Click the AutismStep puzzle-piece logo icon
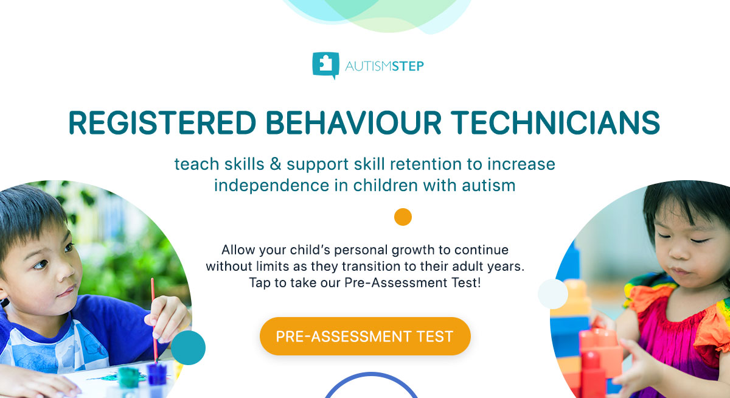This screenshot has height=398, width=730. click(325, 65)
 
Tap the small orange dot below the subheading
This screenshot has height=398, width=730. click(403, 217)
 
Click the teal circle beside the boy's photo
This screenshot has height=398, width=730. click(188, 347)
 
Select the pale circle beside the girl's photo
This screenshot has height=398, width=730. click(552, 294)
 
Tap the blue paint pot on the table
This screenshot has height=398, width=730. click(158, 373)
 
